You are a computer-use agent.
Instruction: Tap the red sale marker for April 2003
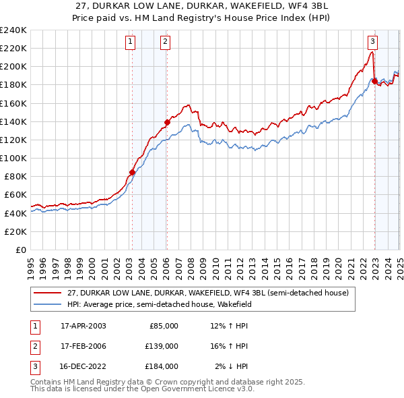(132, 172)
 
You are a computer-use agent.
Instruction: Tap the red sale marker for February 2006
(167, 122)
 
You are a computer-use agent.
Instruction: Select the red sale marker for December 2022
(374, 81)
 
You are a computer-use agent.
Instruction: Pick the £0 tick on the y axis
(20, 250)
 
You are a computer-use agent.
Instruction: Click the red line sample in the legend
(48, 293)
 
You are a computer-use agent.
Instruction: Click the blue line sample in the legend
(48, 305)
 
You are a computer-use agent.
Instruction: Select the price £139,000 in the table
(162, 346)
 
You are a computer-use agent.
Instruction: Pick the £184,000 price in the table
(162, 366)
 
